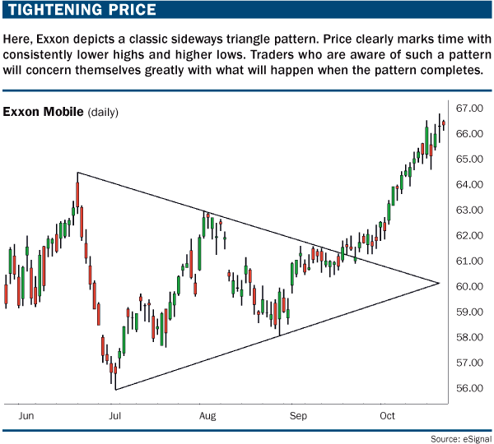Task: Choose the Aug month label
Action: pyautogui.click(x=207, y=418)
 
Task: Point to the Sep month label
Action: pyautogui.click(x=299, y=418)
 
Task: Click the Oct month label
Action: pyautogui.click(x=387, y=418)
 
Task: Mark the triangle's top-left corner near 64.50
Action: pyautogui.click(x=77, y=173)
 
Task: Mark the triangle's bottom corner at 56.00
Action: pyautogui.click(x=116, y=389)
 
